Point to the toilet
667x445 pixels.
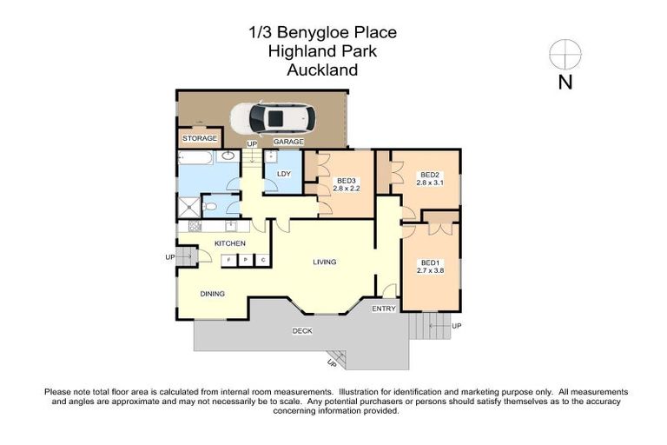[x=211, y=208]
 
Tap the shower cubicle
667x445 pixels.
[x=189, y=207]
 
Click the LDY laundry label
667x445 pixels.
[x=283, y=173]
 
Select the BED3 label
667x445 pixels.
[x=347, y=181]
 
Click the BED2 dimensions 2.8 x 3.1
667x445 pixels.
[x=430, y=183]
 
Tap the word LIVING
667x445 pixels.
[x=325, y=262]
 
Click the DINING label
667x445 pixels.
[x=213, y=294]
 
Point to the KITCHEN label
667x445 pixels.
[x=230, y=243]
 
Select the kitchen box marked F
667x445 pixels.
[x=228, y=260]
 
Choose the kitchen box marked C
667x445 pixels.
[x=262, y=260]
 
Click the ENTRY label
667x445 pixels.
[x=383, y=309]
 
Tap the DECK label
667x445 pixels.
[x=301, y=330]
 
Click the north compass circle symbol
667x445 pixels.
[x=565, y=54]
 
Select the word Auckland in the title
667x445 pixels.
[x=322, y=70]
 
